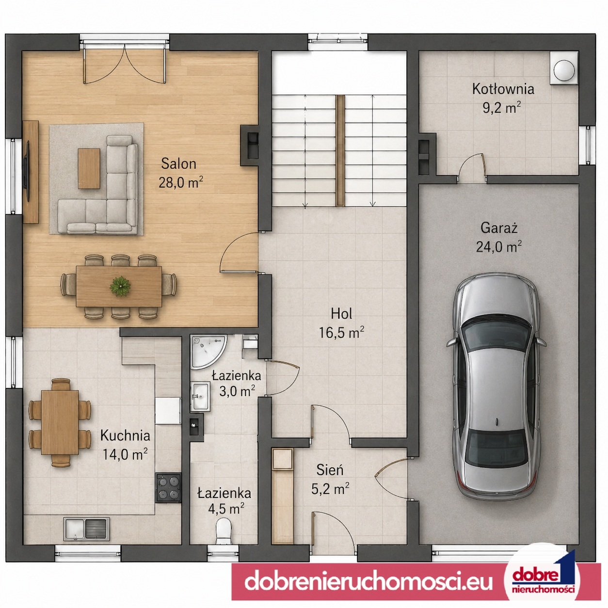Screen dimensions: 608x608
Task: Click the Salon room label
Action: click(178, 164)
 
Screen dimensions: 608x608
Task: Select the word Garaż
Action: click(499, 228)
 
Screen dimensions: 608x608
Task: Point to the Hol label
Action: click(342, 314)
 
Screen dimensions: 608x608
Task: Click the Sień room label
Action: click(330, 470)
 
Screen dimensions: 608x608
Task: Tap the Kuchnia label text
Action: click(125, 436)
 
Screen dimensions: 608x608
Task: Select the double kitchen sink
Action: click(86, 528)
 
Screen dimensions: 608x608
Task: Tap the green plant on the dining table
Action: click(120, 286)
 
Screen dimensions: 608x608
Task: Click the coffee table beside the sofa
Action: click(89, 169)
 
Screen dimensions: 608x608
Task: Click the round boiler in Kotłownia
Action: click(564, 69)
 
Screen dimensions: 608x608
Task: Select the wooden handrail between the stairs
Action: click(340, 151)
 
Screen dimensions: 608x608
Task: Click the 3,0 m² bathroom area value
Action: click(237, 392)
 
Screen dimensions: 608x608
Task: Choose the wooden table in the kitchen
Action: click(60, 422)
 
